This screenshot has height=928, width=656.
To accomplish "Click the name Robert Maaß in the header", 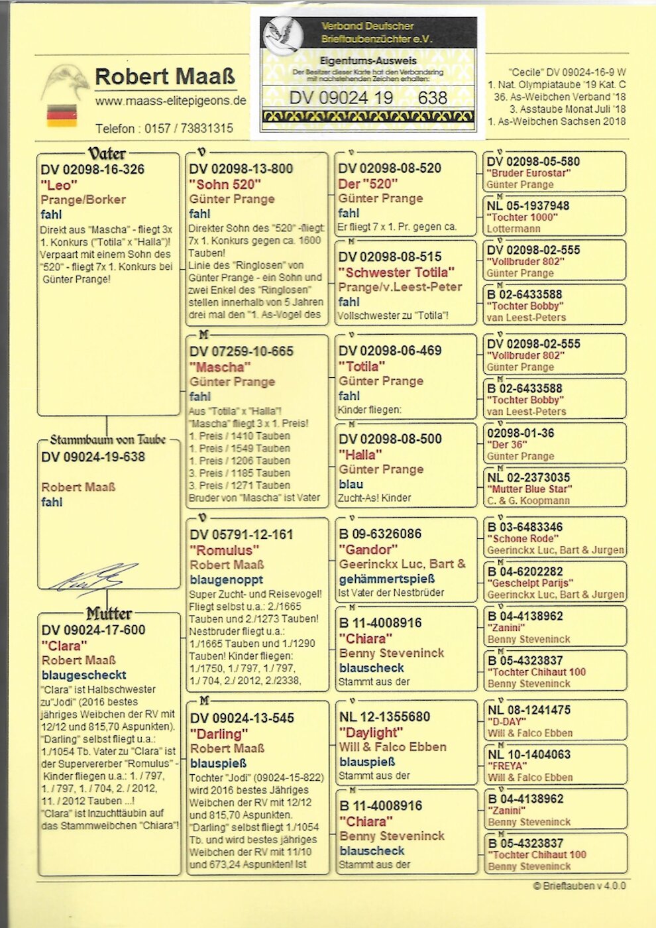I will tap(164, 77).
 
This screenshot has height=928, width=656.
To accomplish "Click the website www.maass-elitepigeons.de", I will tap(170, 101).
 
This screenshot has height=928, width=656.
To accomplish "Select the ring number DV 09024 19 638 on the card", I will tap(368, 98).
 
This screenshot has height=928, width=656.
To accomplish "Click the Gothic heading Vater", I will tap(107, 153).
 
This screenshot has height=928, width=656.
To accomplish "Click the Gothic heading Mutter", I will tap(109, 613).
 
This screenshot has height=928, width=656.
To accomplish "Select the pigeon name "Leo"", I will tap(59, 184).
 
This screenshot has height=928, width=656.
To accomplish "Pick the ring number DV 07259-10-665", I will tap(241, 351).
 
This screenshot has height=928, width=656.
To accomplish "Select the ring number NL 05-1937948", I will tap(528, 205).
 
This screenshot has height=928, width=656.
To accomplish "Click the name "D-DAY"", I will tap(506, 721).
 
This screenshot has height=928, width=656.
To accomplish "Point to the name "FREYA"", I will tap(508, 766).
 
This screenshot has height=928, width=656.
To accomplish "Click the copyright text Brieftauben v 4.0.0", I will tap(579, 886).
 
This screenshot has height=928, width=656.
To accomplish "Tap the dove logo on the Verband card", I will tap(280, 32).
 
